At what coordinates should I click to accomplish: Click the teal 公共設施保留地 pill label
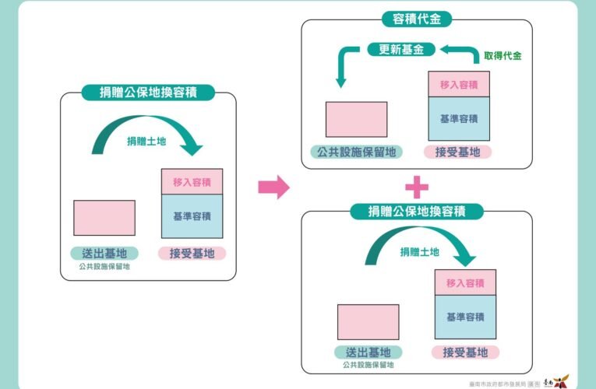coord(356,152)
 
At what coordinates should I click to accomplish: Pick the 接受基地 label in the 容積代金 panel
coord(458,152)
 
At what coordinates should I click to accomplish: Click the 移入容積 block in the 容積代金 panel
coord(458,84)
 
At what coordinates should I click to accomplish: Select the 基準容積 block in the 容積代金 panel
coord(458,118)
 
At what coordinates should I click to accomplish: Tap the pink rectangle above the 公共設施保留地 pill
coord(356,119)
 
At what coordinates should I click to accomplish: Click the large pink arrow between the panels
coord(273,187)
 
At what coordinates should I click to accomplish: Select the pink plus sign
coord(417,187)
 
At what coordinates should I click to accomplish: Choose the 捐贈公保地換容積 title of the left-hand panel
coord(149,93)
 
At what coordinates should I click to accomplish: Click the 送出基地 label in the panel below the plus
coord(367,352)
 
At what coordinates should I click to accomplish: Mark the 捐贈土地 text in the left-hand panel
coord(146,141)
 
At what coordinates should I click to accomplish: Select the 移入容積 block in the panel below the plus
coord(465,282)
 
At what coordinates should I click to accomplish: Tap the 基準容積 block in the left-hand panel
coord(192,216)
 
